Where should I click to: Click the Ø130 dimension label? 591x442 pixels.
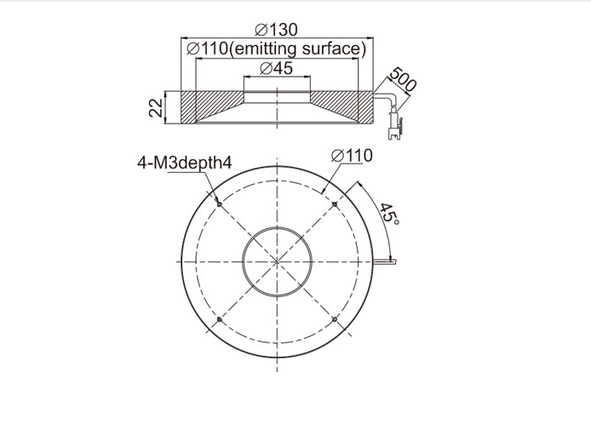pyautogui.click(x=276, y=30)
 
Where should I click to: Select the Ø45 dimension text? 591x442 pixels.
pyautogui.click(x=276, y=69)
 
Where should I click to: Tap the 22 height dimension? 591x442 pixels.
pyautogui.click(x=156, y=107)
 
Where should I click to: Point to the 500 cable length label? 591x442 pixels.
pyautogui.click(x=403, y=79)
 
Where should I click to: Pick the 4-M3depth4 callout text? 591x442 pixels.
pyautogui.click(x=184, y=164)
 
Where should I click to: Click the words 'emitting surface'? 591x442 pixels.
pyautogui.click(x=297, y=49)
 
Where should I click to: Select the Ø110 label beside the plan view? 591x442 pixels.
pyautogui.click(x=352, y=155)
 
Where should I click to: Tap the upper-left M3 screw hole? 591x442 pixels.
pyautogui.click(x=220, y=204)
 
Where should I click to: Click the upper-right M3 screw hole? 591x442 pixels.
pyautogui.click(x=335, y=204)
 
